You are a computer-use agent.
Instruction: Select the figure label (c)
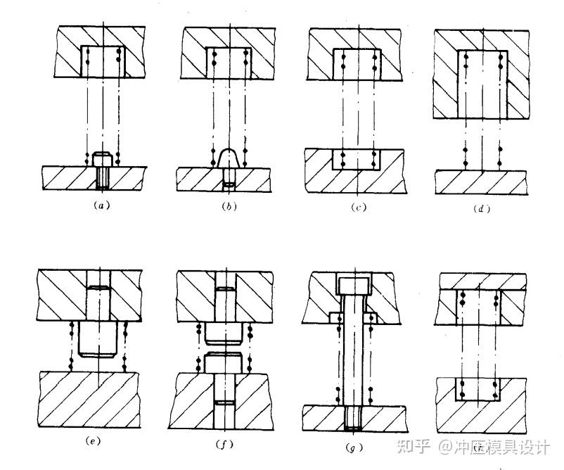pyautogui.click(x=357, y=208)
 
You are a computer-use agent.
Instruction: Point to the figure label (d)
pyautogui.click(x=482, y=208)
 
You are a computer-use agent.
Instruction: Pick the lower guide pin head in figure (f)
pyautogui.click(x=226, y=364)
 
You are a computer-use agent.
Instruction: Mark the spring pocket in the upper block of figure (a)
pyautogui.click(x=103, y=62)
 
